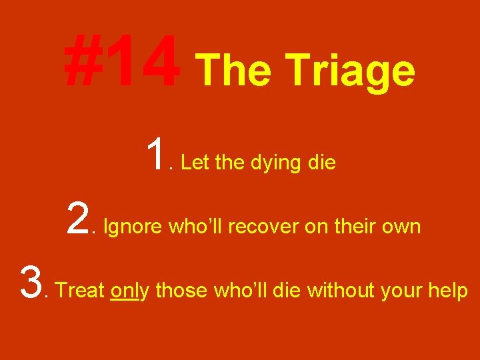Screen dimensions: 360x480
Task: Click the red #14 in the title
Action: pos(121,63)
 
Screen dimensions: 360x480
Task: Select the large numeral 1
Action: pos(157,155)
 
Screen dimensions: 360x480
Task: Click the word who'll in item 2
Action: pos(197,227)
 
